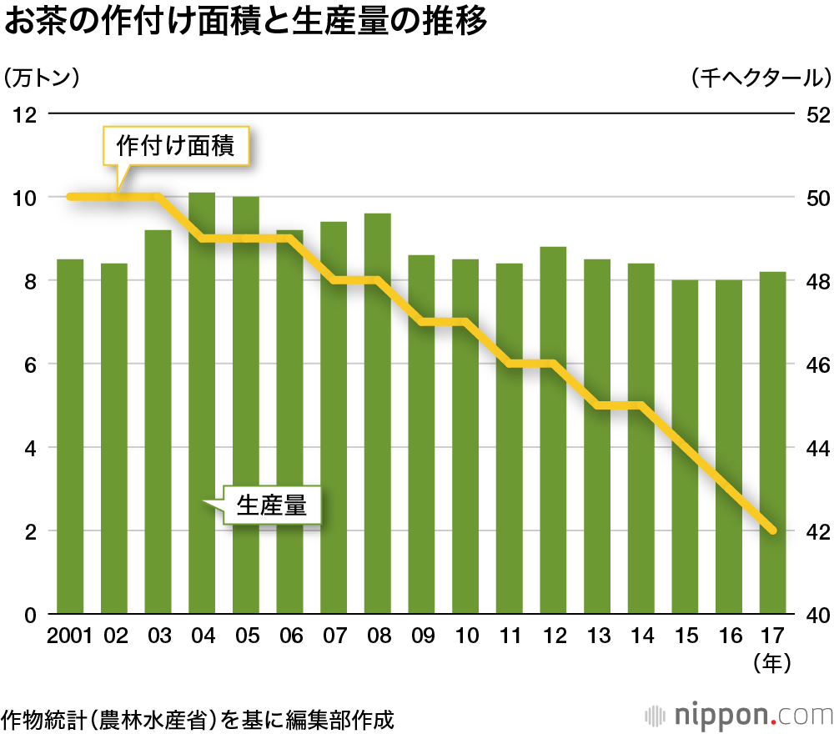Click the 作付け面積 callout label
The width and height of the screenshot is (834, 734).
tap(176, 147)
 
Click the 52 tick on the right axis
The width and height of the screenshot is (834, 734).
tap(813, 114)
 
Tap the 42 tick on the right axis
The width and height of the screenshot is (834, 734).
tap(813, 531)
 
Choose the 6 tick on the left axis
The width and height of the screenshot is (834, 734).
tap(32, 364)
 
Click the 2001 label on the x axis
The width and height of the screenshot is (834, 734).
tap(70, 636)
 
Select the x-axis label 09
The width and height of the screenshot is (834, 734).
tap(422, 636)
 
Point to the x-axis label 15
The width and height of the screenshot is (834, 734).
tap(686, 636)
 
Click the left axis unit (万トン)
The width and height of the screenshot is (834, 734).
tap(42, 78)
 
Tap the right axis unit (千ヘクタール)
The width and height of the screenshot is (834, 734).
tap(761, 78)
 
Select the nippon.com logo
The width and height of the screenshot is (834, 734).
tap(739, 715)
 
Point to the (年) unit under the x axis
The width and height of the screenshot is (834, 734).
tap(772, 663)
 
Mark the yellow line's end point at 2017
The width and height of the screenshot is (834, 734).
tap(773, 530)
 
